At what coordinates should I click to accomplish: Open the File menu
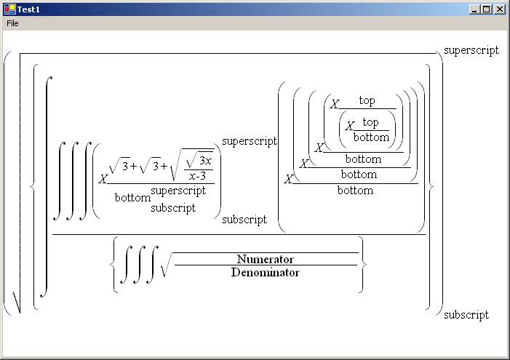pos(12,23)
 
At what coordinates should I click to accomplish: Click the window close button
pos(499,9)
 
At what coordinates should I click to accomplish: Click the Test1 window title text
pos(29,9)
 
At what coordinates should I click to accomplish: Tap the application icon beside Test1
pos(9,9)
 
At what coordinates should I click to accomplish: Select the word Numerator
pos(266,259)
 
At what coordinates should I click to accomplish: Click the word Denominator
pos(266,273)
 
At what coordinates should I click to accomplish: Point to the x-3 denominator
pos(198,175)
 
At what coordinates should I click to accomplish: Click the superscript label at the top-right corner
pos(471,50)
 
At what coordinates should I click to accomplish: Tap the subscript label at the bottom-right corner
pos(466,315)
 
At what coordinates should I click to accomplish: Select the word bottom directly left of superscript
pos(132,197)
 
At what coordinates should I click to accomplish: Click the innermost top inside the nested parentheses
pos(370,122)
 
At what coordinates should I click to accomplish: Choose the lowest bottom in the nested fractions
pos(355,191)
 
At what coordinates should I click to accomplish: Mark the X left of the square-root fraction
pos(103,179)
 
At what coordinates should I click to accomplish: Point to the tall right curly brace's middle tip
pos(433,185)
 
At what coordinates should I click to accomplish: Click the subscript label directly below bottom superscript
pos(173,208)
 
